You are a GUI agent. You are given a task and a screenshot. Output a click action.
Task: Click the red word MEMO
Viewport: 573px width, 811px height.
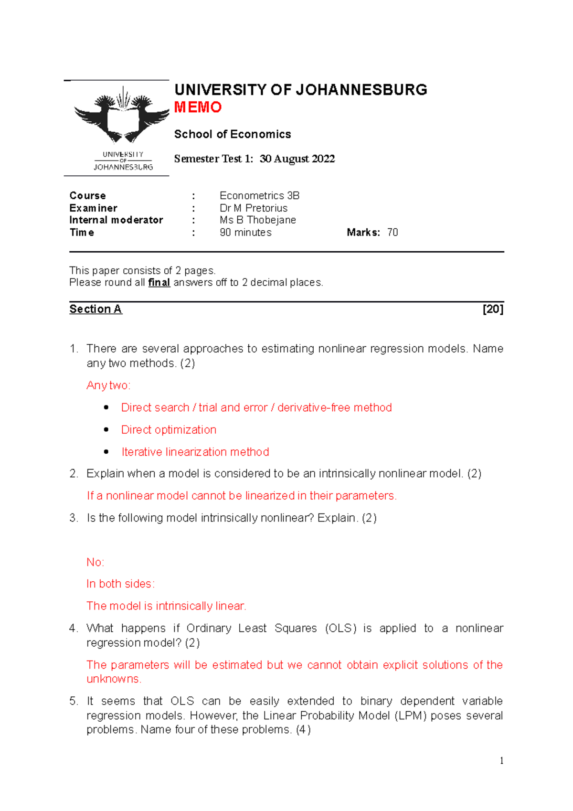pos(198,107)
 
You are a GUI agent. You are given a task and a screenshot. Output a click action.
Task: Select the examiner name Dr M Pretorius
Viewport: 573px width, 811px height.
pos(253,208)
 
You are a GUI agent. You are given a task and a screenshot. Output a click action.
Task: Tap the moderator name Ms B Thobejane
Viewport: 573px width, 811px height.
pos(257,220)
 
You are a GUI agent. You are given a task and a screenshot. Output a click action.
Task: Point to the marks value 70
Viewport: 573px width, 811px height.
pos(393,233)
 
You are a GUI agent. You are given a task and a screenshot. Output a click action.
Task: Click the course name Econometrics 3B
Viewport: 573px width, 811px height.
pos(259,196)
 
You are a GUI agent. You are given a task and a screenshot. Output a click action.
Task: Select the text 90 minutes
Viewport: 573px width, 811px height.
pos(245,233)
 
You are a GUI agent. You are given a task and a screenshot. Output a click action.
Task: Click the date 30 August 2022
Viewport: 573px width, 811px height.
pos(297,159)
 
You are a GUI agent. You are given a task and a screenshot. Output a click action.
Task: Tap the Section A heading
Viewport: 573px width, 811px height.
pos(95,309)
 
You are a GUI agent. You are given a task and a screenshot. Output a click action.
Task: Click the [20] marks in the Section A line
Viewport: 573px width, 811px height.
pos(493,309)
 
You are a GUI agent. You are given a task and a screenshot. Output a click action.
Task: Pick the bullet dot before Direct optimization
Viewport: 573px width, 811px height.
pos(106,430)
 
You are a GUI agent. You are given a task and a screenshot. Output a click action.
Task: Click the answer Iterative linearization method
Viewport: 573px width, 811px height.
pos(195,452)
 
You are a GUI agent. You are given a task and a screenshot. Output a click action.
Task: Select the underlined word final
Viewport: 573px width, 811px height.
pos(159,283)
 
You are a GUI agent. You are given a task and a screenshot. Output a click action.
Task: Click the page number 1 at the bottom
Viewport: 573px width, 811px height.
pos(501,761)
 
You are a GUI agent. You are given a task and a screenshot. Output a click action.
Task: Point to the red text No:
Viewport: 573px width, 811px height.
pos(95,562)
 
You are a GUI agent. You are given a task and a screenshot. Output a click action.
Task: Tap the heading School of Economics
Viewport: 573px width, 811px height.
pos(232,134)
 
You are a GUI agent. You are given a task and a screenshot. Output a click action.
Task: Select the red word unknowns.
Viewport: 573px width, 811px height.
pos(114,679)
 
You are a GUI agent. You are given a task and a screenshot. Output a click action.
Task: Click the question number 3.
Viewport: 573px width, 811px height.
pos(73,518)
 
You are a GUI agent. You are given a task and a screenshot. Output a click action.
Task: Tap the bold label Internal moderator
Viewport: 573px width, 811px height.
pos(116,220)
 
